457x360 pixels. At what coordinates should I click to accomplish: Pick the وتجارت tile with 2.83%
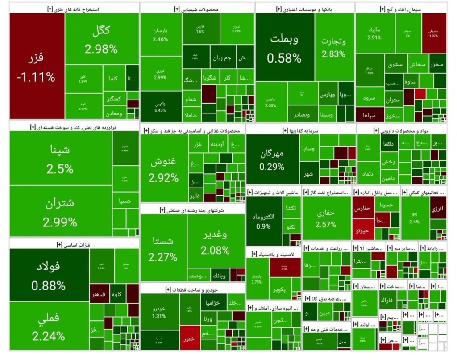(333, 48)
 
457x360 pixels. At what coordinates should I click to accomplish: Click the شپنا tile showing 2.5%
(61, 159)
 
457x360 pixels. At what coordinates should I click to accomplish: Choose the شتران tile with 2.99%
(61, 212)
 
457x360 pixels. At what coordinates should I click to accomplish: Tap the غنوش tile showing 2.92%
(163, 170)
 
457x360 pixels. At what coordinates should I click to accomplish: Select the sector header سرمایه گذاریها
(301, 130)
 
